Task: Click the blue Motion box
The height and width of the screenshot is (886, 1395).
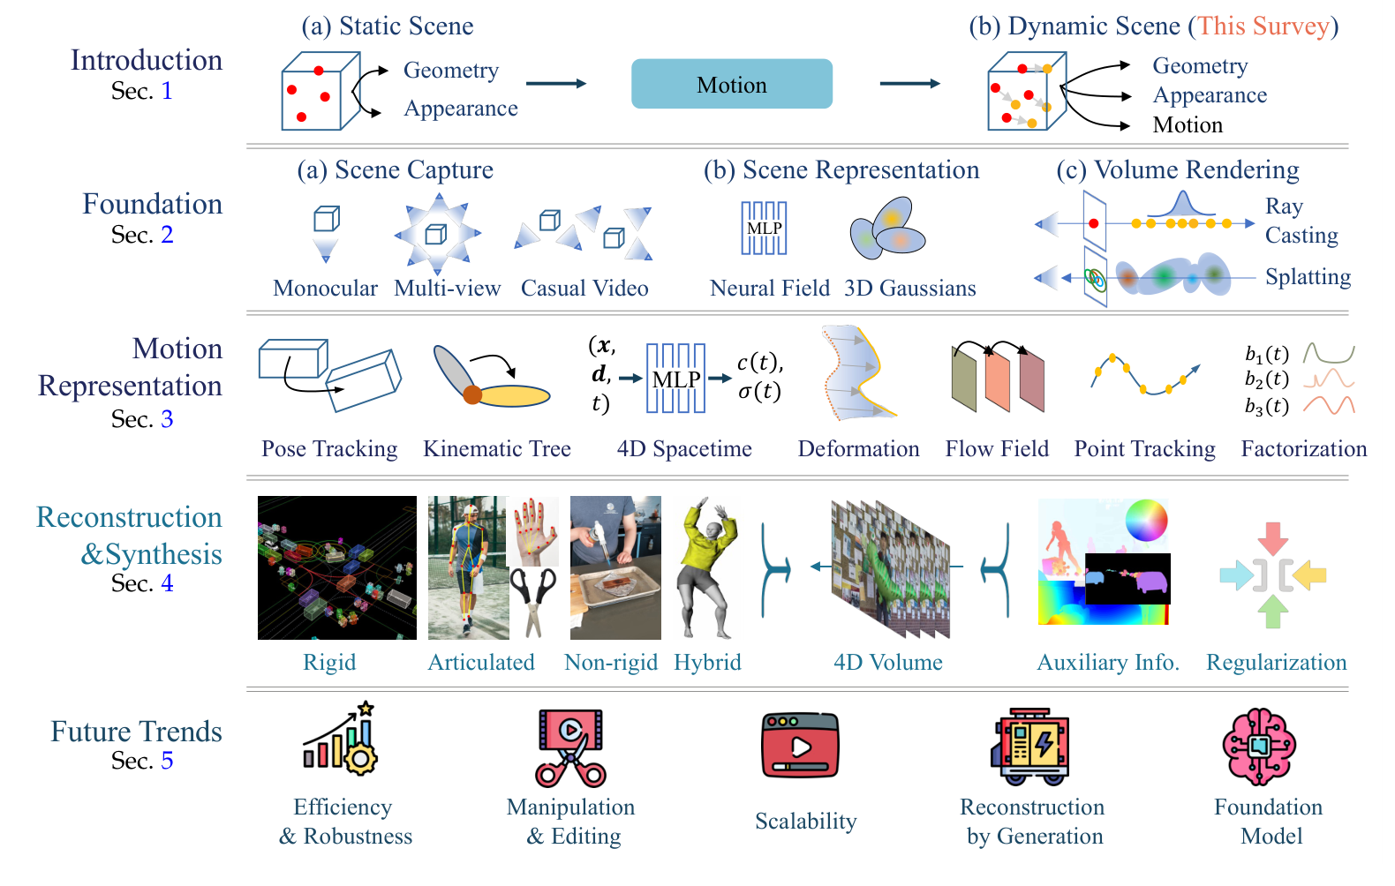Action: [x=731, y=84]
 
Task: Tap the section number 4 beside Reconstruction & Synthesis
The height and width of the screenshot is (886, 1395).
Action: [x=167, y=583]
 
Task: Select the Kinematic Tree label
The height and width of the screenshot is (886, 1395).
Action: [x=497, y=449]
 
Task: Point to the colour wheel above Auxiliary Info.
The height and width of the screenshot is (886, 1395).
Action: [x=1146, y=521]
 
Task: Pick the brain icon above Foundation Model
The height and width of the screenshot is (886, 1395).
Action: [x=1259, y=747]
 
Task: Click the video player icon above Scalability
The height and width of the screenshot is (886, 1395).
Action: [x=800, y=746]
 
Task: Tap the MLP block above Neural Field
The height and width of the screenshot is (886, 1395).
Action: [x=764, y=229]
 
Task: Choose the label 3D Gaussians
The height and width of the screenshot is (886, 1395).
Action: [x=909, y=289]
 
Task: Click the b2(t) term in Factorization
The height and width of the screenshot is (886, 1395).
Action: [x=1266, y=379]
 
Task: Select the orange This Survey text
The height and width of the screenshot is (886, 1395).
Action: [x=1263, y=26]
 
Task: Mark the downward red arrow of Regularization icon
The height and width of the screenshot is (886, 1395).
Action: [x=1272, y=537]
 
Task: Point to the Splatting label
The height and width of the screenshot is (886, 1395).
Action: [x=1308, y=277]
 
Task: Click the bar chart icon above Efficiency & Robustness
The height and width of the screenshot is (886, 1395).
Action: [x=340, y=741]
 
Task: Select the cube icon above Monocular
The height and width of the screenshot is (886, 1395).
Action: [x=326, y=219]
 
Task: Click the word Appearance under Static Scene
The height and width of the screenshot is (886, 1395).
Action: [x=461, y=109]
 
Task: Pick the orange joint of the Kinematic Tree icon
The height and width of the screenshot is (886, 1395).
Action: [x=472, y=394]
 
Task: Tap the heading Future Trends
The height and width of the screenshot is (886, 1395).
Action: [x=136, y=732]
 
